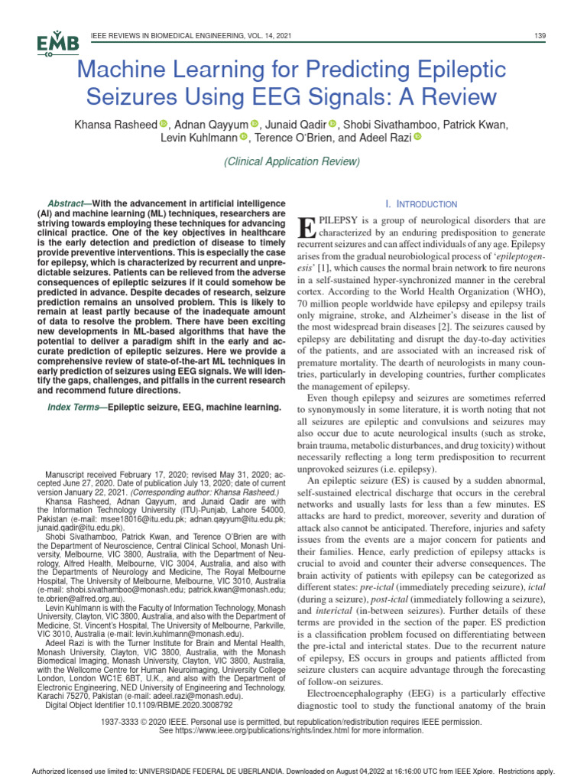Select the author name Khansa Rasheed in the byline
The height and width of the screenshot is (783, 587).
pyautogui.click(x=115, y=124)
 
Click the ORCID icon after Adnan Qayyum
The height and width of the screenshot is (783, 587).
pyautogui.click(x=256, y=124)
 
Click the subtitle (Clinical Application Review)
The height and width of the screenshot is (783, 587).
pyautogui.click(x=291, y=161)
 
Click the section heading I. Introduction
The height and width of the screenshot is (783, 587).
pyautogui.click(x=421, y=204)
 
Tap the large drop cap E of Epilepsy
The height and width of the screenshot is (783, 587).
pyautogui.click(x=305, y=227)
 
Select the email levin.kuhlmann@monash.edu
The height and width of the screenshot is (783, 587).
pyautogui.click(x=196, y=634)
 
